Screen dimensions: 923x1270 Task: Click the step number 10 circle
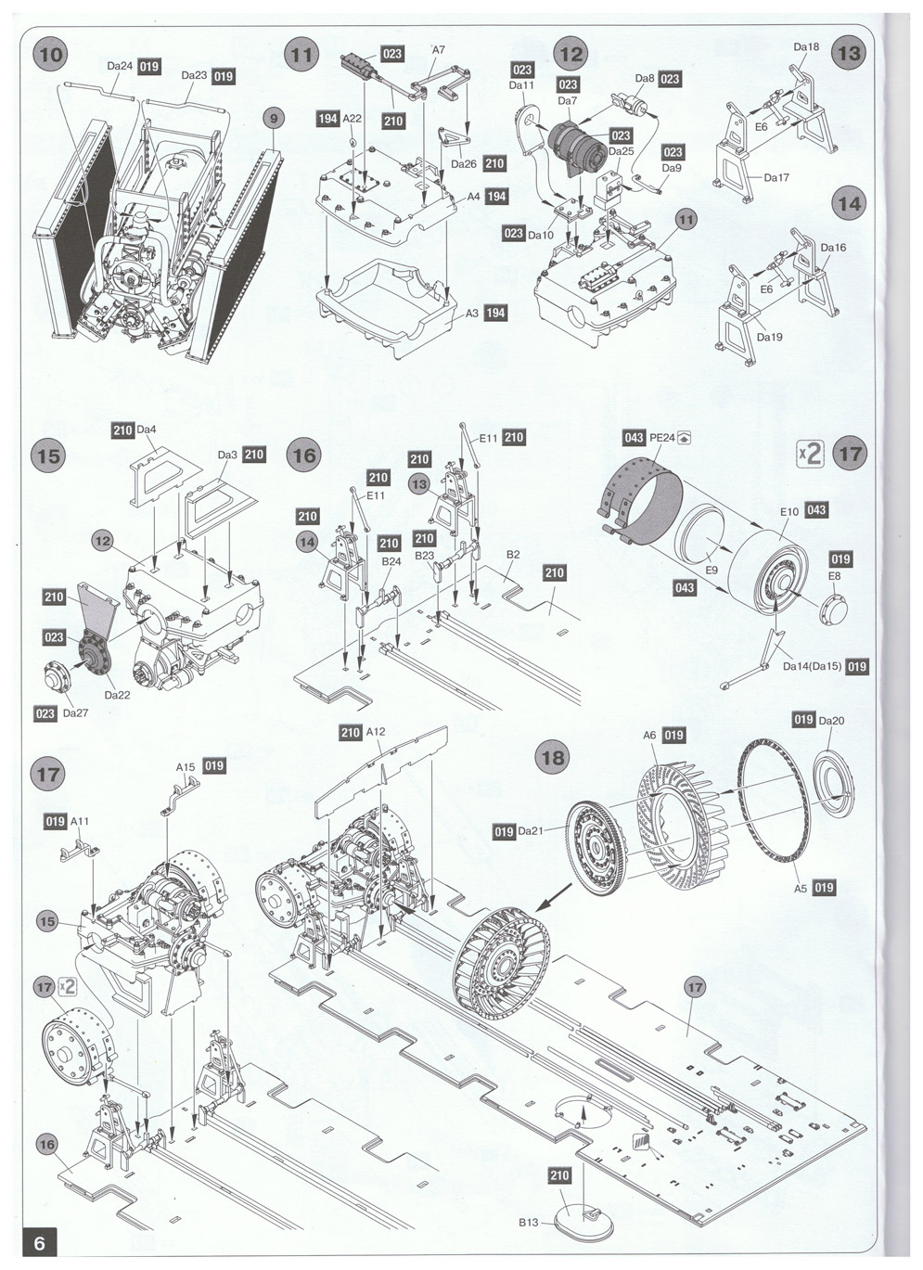click(51, 55)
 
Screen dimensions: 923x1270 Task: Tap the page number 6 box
click(39, 1243)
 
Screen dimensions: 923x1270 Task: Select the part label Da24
click(120, 66)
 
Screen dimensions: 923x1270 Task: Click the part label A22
click(353, 119)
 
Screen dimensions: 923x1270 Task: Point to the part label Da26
click(464, 164)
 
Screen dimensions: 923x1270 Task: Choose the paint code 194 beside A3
click(495, 313)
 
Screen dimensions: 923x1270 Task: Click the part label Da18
click(806, 46)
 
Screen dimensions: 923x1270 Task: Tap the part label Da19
click(769, 337)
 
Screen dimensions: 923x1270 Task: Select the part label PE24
click(661, 438)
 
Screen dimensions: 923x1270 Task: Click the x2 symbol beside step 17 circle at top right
click(810, 455)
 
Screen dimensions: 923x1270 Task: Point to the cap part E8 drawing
click(834, 609)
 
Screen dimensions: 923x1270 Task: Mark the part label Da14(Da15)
click(812, 666)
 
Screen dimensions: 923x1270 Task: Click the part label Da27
click(75, 712)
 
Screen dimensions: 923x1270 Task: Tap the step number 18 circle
click(554, 758)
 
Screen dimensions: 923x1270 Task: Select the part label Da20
click(831, 721)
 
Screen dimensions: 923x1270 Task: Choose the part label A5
click(800, 888)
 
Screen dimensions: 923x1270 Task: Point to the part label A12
click(376, 732)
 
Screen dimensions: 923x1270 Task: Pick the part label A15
click(186, 766)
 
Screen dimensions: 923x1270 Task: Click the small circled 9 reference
click(274, 119)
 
